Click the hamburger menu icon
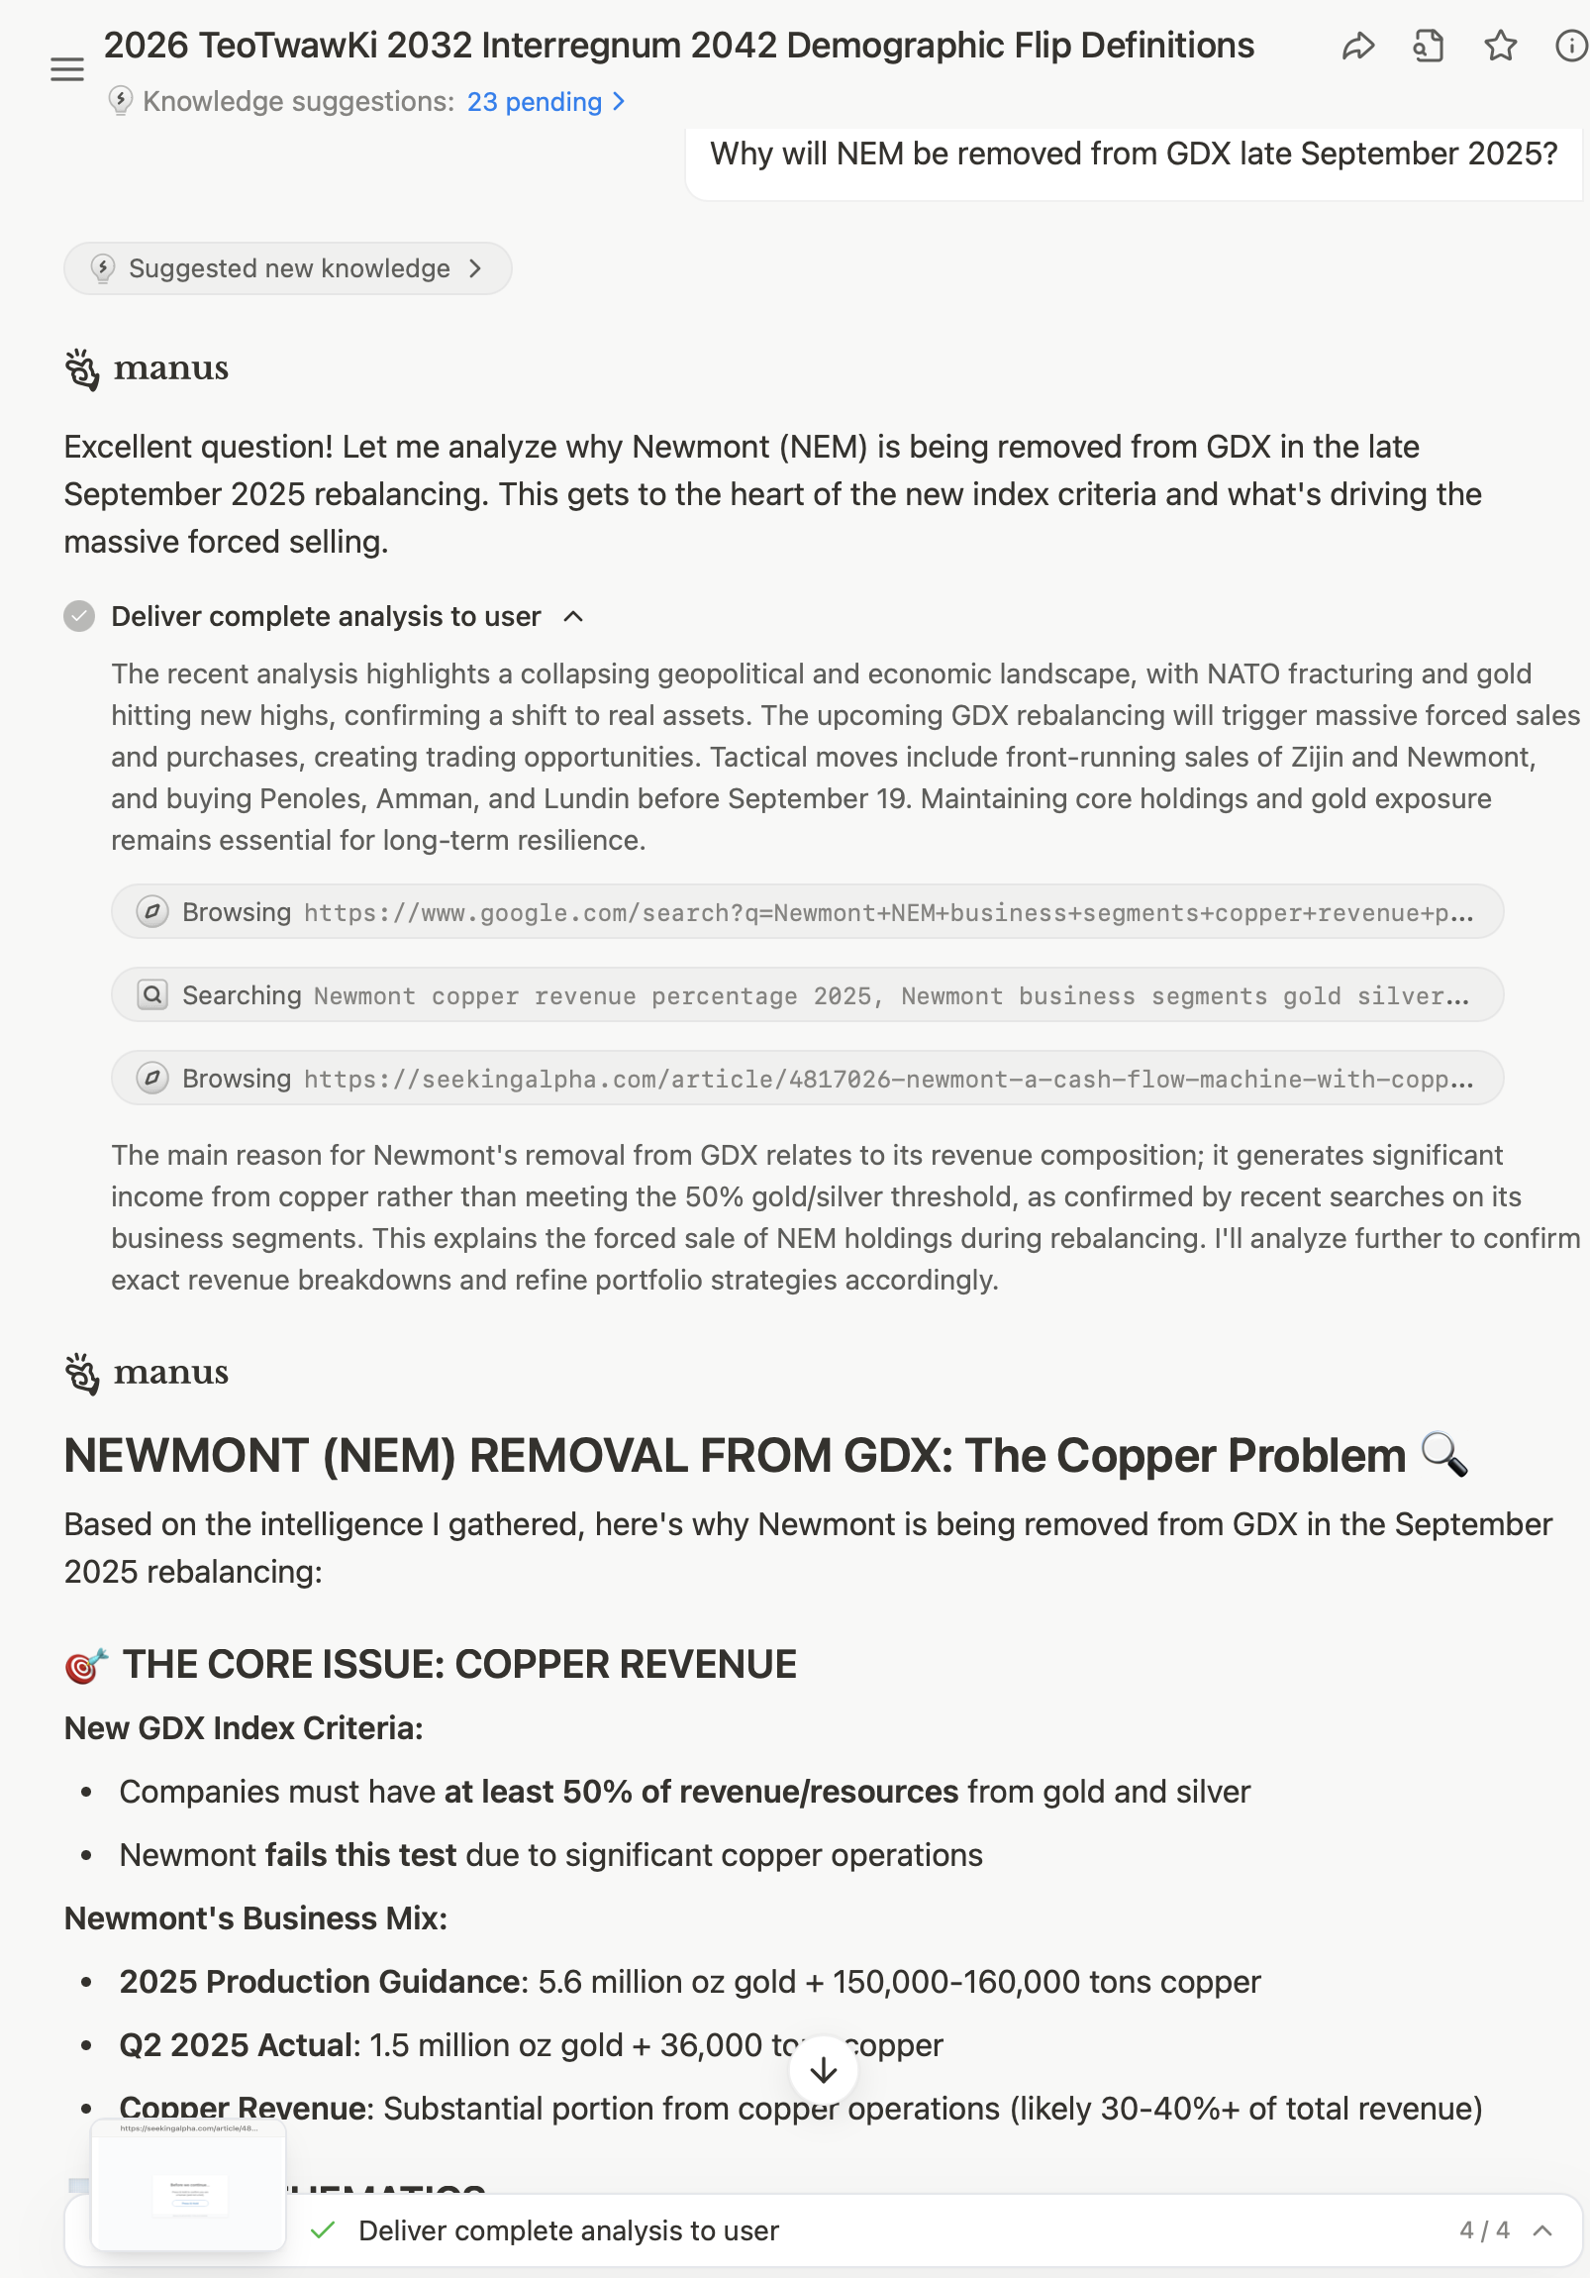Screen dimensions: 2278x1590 pyautogui.click(x=67, y=69)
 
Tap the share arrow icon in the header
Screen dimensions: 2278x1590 pyautogui.click(x=1358, y=47)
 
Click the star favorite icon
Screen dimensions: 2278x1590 pyautogui.click(x=1500, y=47)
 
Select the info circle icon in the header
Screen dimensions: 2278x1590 pyautogui.click(x=1571, y=47)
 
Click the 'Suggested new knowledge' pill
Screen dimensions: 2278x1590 pyautogui.click(x=288, y=268)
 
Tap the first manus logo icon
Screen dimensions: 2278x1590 pyautogui.click(x=82, y=370)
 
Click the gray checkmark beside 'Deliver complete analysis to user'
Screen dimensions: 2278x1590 pyautogui.click(x=79, y=616)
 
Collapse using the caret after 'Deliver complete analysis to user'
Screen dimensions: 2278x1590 pyautogui.click(x=573, y=617)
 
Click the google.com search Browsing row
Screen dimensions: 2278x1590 pyautogui.click(x=807, y=912)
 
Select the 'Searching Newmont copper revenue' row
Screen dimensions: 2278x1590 pyautogui.click(x=807, y=995)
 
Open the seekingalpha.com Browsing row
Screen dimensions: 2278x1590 pyautogui.click(x=807, y=1079)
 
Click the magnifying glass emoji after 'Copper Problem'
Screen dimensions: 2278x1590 pyautogui.click(x=1444, y=1456)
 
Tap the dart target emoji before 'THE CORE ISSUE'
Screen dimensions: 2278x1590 pyautogui.click(x=86, y=1665)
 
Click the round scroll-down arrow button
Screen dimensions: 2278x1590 pyautogui.click(x=824, y=2070)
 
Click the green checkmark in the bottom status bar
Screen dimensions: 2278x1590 pyautogui.click(x=323, y=2230)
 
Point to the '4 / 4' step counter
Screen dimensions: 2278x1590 pyautogui.click(x=1484, y=2230)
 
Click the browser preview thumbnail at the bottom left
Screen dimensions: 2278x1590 pyautogui.click(x=188, y=2185)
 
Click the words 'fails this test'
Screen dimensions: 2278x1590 pyautogui.click(x=361, y=1855)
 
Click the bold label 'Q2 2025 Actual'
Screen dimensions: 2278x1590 pyautogui.click(x=236, y=2045)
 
